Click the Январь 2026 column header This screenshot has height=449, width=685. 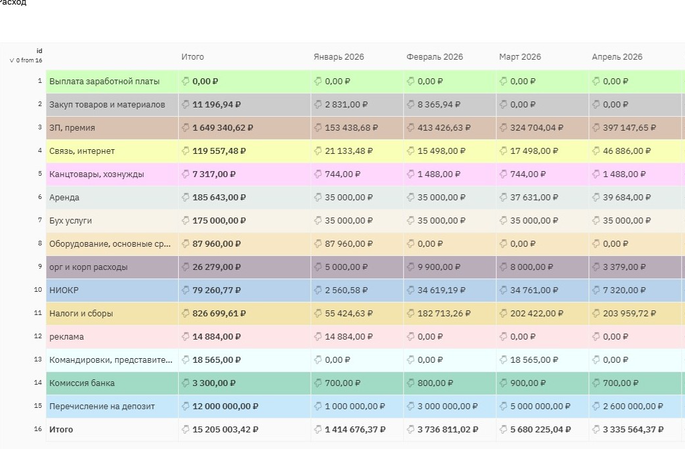coord(339,57)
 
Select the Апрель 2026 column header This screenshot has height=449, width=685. coord(617,57)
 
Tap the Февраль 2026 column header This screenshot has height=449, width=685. coord(434,57)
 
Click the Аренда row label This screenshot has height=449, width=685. coord(64,198)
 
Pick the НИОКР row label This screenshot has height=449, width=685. coord(64,290)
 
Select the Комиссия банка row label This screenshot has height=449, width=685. coord(81,383)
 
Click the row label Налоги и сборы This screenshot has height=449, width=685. coord(81,314)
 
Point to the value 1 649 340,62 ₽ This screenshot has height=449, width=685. coord(223,128)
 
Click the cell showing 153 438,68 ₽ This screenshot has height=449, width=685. coord(351,128)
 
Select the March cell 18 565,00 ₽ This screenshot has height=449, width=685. coord(534,360)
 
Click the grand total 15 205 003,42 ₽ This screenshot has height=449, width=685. coord(225,430)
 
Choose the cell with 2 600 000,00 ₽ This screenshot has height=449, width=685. coord(633,407)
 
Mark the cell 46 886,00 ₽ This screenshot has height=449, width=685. coord(627,151)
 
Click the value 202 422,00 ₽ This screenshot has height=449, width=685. coord(537,314)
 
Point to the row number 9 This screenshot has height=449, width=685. coord(40,266)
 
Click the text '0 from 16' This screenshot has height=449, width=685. coord(29,60)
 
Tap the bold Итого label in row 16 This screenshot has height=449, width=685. coord(61,430)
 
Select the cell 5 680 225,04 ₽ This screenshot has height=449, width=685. coord(540,430)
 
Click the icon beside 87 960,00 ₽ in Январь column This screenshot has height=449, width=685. coord(318,243)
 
